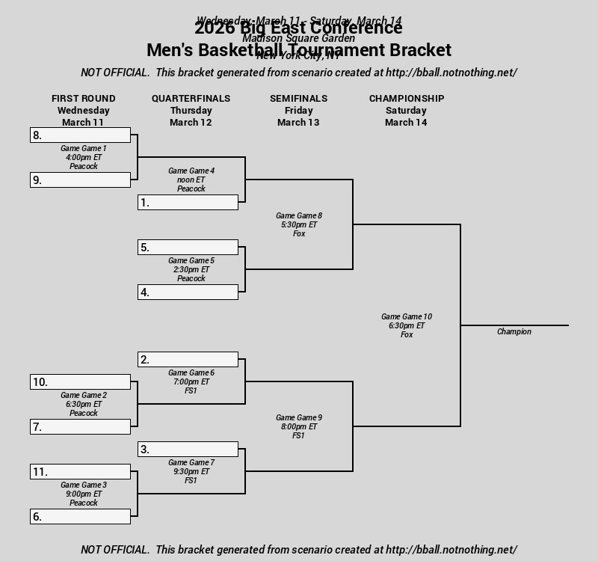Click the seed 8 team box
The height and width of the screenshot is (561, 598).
click(x=80, y=135)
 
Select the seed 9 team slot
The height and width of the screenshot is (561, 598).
click(x=80, y=180)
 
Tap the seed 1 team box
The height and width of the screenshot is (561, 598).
click(x=188, y=203)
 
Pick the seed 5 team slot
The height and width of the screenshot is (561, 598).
click(x=188, y=248)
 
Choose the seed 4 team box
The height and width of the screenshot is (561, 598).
click(x=188, y=292)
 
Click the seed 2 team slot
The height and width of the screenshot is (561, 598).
click(x=188, y=360)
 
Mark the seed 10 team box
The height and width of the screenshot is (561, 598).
click(x=80, y=382)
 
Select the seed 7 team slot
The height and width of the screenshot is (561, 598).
click(x=80, y=427)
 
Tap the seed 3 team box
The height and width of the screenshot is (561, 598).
click(x=188, y=450)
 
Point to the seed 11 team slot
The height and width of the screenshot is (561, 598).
click(x=80, y=472)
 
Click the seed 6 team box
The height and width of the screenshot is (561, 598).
click(x=80, y=517)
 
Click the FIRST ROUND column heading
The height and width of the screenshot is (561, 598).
click(x=83, y=98)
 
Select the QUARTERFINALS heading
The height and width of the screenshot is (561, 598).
click(x=191, y=98)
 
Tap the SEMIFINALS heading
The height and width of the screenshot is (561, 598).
click(x=298, y=98)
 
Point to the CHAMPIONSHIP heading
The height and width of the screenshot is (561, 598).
click(x=407, y=98)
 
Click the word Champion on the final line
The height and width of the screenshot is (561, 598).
click(x=514, y=331)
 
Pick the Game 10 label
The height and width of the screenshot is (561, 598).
click(x=407, y=316)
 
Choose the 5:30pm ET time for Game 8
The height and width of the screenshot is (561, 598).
click(x=299, y=224)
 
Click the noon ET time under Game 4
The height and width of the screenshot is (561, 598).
click(x=191, y=180)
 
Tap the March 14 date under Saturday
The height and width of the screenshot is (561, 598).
click(x=406, y=122)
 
